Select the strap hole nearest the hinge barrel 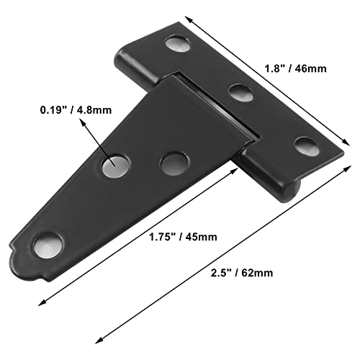tap(171, 163)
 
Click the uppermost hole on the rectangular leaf tap(175, 45)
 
